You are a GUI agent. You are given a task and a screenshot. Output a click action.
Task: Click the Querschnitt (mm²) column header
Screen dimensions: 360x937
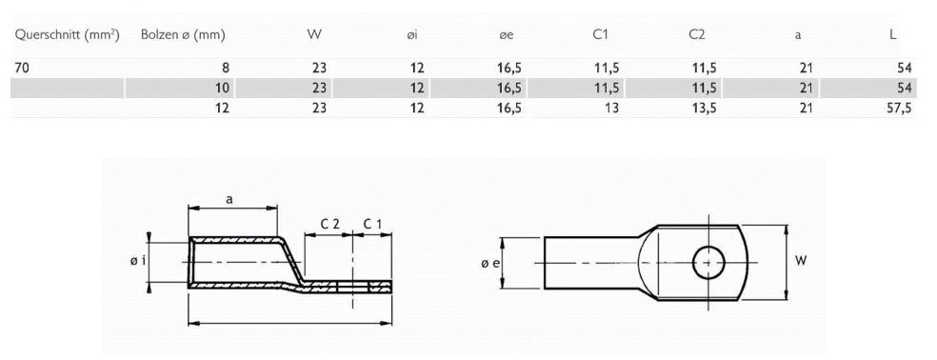[66, 35]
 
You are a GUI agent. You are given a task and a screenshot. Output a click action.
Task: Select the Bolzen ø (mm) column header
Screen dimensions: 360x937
[182, 35]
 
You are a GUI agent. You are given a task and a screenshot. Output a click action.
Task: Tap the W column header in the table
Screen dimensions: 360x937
[314, 35]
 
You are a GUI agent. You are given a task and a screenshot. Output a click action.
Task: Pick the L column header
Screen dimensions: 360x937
[891, 35]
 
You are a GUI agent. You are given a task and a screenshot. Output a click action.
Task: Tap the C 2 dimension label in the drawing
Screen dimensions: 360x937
[329, 223]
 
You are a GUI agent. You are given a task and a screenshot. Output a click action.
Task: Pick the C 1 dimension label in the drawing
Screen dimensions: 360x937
[372, 223]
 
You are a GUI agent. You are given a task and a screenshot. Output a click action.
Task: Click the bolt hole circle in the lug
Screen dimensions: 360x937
[708, 261]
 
